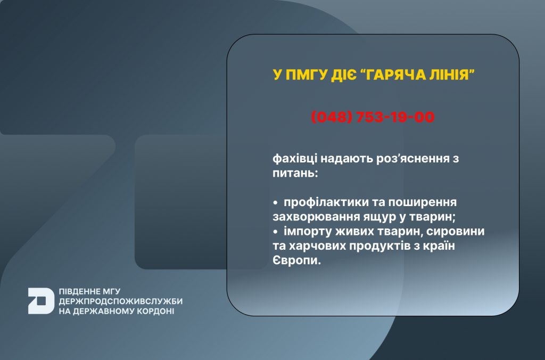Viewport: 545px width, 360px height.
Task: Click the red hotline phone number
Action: (x=373, y=117)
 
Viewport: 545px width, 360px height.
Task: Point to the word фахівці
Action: (x=295, y=159)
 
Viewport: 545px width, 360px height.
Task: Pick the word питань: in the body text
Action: (x=295, y=173)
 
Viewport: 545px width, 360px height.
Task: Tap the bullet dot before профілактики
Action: (x=276, y=202)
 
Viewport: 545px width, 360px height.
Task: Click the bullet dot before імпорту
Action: (x=276, y=232)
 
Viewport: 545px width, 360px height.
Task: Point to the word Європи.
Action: (x=296, y=260)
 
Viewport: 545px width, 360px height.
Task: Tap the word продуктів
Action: (x=375, y=246)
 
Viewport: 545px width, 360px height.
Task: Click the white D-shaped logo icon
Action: (x=41, y=301)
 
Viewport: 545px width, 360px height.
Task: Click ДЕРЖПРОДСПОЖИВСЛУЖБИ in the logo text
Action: (x=121, y=301)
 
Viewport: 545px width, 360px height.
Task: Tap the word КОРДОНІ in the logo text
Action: (x=155, y=311)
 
